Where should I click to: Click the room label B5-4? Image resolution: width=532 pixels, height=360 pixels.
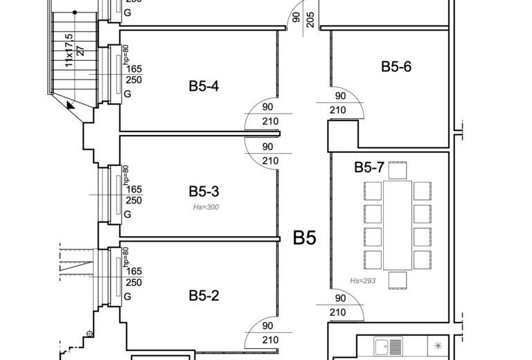click(x=204, y=86)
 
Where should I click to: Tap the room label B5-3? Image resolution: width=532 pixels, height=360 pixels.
click(x=204, y=192)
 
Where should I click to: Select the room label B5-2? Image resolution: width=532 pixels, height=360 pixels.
click(x=204, y=296)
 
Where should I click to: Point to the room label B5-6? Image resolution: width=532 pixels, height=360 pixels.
click(x=396, y=66)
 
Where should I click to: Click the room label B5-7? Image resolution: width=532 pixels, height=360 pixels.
click(x=369, y=168)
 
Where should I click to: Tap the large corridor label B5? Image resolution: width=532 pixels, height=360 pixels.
click(x=304, y=237)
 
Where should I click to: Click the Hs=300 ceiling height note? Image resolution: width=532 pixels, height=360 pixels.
click(x=206, y=207)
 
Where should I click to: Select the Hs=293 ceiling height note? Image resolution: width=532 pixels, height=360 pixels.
click(x=363, y=280)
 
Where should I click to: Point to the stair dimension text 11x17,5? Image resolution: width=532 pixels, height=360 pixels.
click(x=69, y=50)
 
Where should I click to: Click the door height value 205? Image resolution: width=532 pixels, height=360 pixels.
click(x=310, y=19)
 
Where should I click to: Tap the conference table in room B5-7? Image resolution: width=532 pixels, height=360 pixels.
click(x=398, y=226)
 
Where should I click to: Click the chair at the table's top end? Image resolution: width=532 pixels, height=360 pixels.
click(x=398, y=170)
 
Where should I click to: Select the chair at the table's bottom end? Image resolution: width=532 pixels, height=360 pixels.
click(x=398, y=280)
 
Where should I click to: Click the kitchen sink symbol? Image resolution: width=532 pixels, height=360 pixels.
click(x=388, y=346)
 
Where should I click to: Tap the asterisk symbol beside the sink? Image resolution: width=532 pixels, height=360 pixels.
click(x=438, y=345)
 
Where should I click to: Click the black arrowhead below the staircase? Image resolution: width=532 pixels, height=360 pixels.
click(x=70, y=105)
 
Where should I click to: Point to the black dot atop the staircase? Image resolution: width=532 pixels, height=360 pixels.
click(x=75, y=12)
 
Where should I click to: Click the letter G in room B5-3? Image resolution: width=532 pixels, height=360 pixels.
click(x=127, y=214)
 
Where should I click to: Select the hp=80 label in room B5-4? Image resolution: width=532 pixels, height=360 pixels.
click(x=126, y=54)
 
